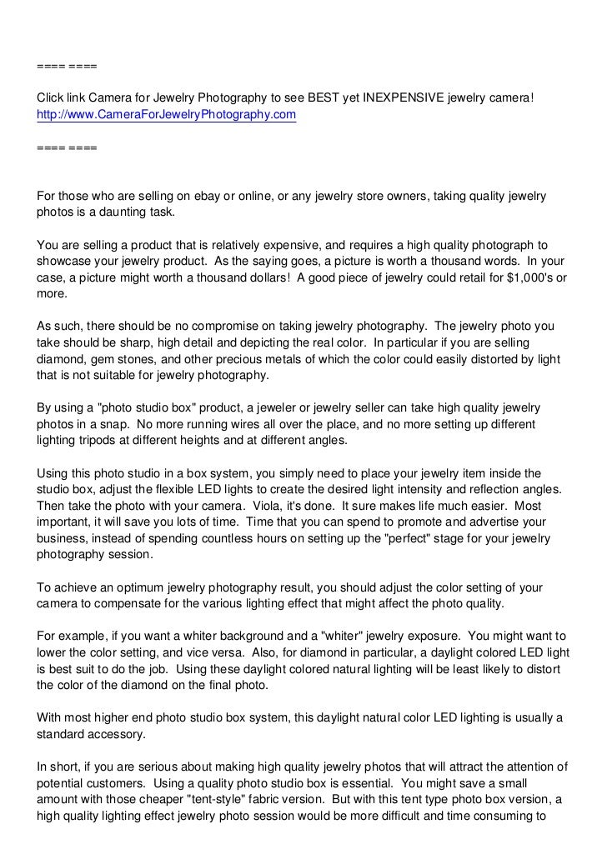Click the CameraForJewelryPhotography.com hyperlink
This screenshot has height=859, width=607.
(x=166, y=115)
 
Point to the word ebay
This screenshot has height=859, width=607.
(x=209, y=196)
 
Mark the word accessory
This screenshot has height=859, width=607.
(x=124, y=736)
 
